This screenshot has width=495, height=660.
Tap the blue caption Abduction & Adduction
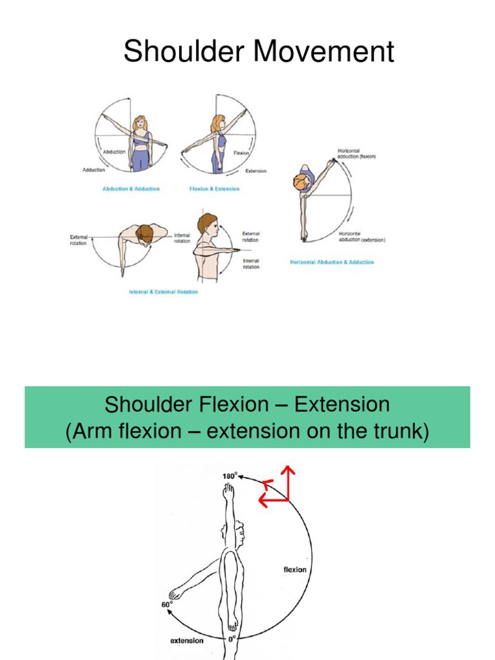[x=131, y=189]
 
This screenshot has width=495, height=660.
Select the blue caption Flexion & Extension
[x=214, y=189]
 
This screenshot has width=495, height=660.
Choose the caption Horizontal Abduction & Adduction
[x=332, y=262]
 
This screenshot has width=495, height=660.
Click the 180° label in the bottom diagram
[x=230, y=476]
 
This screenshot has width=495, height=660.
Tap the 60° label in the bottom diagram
[x=167, y=605]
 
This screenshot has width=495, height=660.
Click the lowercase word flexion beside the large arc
[x=295, y=569]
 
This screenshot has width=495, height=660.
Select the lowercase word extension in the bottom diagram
[x=187, y=641]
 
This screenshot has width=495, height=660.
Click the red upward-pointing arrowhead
[x=287, y=472]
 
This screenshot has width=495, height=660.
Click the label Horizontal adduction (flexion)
[x=356, y=153]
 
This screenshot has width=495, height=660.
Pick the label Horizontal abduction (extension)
[x=362, y=237]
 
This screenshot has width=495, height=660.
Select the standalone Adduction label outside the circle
[x=93, y=170]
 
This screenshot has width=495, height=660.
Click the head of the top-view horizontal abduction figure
[x=301, y=182]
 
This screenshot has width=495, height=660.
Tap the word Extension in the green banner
[x=342, y=405]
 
